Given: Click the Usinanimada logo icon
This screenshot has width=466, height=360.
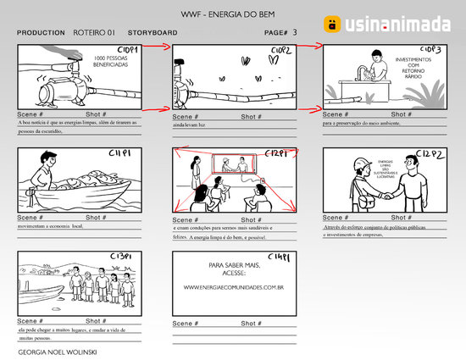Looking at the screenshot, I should pyautogui.click(x=332, y=24).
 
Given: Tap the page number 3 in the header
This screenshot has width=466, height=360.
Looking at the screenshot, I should pyautogui.click(x=294, y=31).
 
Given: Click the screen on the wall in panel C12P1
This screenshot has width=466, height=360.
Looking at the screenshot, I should pyautogui.click(x=236, y=164).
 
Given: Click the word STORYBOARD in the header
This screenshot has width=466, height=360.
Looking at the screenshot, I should pyautogui.click(x=153, y=32).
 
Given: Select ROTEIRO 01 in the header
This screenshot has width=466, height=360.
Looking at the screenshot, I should pyautogui.click(x=94, y=32).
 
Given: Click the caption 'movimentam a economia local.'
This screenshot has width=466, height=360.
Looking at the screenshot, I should pyautogui.click(x=51, y=227).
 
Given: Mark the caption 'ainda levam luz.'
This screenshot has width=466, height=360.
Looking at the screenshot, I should pyautogui.click(x=191, y=124).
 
